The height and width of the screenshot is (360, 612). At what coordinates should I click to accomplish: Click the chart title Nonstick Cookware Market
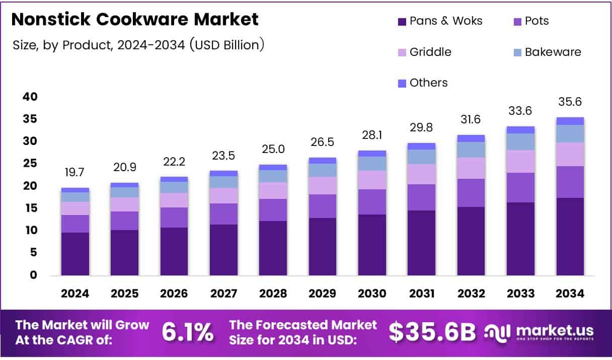click(134, 20)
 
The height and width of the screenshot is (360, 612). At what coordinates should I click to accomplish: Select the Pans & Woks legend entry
click(439, 21)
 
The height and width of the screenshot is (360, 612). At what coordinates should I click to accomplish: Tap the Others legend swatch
click(402, 83)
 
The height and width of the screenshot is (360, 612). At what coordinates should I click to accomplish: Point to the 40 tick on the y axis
click(30, 97)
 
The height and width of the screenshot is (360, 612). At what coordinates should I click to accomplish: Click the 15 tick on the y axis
click(30, 208)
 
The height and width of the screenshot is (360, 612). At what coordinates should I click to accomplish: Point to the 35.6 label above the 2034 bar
click(570, 102)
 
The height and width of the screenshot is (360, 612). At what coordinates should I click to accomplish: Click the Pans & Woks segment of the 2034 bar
click(570, 237)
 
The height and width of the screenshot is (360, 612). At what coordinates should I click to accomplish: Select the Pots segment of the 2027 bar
click(223, 214)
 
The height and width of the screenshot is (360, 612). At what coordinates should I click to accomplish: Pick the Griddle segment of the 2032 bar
click(471, 168)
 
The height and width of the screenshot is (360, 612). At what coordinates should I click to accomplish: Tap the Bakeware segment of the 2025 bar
click(124, 192)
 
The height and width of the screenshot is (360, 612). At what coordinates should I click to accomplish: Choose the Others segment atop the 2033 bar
click(520, 130)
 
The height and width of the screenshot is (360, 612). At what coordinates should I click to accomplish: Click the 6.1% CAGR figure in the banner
click(187, 332)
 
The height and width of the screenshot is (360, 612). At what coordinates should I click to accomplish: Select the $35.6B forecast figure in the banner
click(432, 332)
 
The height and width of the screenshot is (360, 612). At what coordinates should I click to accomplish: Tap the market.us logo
click(539, 332)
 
